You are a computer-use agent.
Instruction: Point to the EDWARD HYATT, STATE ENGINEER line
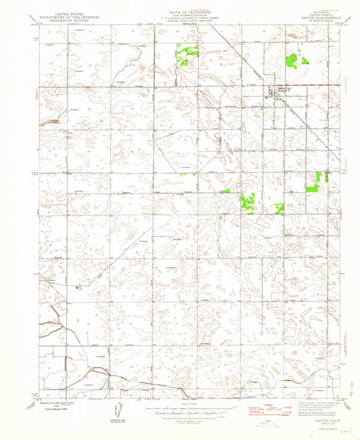pyautogui.click(x=180, y=23)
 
